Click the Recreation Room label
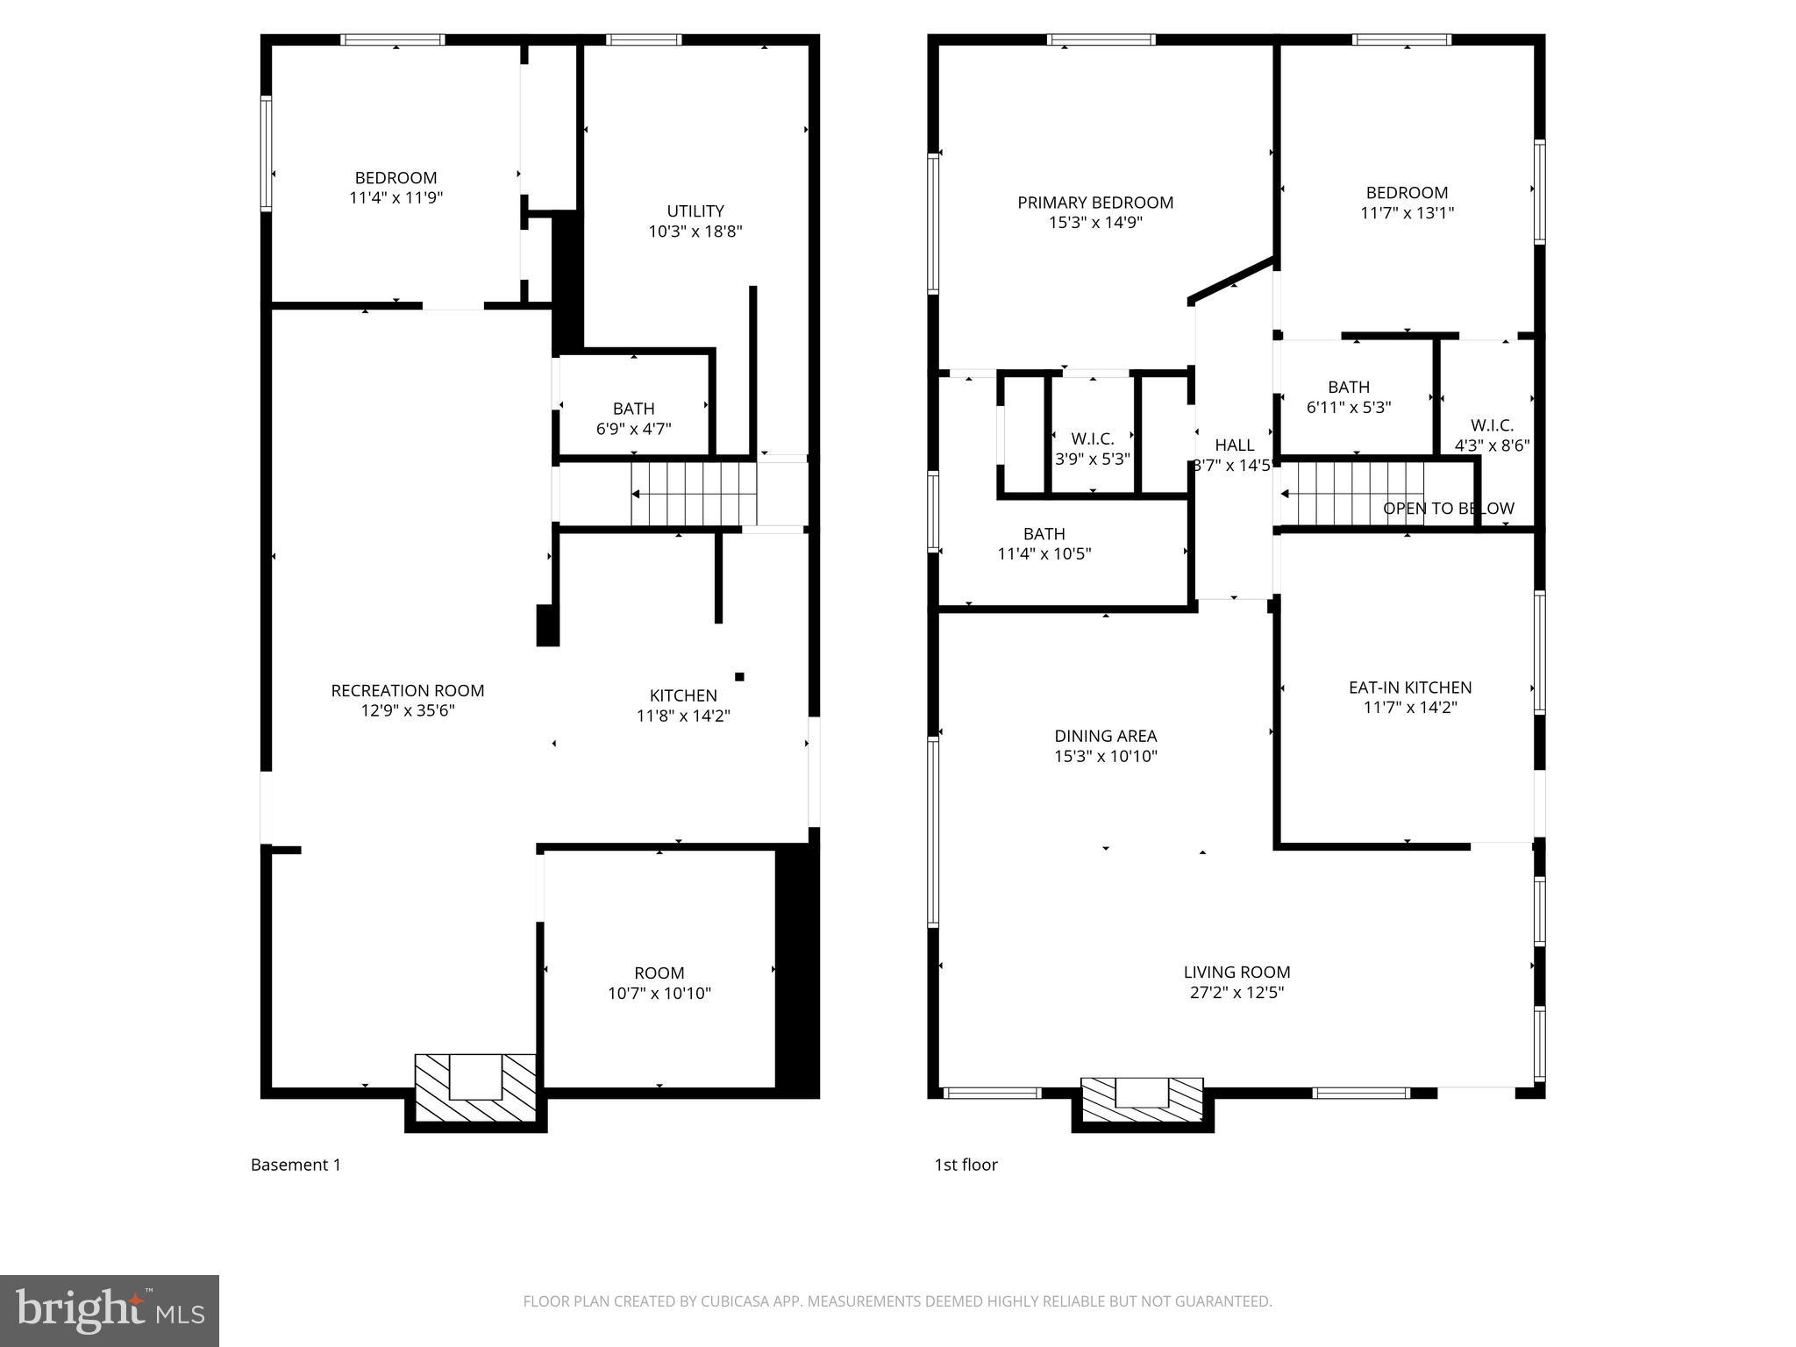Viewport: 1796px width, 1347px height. pos(407,691)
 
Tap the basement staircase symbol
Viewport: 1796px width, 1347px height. pos(694,495)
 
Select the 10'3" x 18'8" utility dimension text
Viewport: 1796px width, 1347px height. pos(695,232)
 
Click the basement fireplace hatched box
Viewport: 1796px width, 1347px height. pos(474,1088)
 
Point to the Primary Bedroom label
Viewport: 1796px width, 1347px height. pos(1094,203)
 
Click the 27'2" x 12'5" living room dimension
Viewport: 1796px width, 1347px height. pos(1237,993)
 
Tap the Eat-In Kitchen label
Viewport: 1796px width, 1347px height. pos(1409,688)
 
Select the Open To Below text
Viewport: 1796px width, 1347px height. pos(1448,509)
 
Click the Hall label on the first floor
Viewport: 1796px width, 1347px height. pos(1234,445)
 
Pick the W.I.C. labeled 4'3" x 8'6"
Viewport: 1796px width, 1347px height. pos(1492,436)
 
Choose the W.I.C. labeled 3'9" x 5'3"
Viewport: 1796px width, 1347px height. pos(1092,448)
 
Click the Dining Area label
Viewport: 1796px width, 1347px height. pos(1105,737)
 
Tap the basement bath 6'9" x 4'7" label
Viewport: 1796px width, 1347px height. pos(633,418)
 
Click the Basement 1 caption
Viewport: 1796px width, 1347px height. pos(296,1165)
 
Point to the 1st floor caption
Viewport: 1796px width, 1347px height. pos(966,1165)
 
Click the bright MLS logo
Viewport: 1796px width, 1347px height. pos(109,1310)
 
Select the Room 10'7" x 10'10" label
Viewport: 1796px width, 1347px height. pos(659,983)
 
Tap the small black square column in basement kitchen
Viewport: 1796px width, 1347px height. pos(739,676)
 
